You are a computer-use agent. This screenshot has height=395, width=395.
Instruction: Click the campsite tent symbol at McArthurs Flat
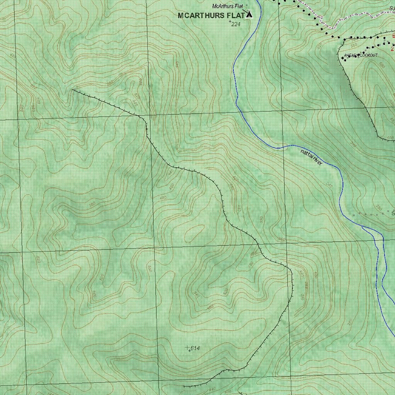[x=249, y=15]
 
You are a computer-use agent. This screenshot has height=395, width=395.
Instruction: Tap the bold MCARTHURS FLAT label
[x=211, y=16]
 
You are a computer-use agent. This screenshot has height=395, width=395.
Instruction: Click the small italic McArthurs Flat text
[x=227, y=6]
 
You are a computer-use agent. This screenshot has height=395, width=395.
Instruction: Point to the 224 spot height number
[x=236, y=24]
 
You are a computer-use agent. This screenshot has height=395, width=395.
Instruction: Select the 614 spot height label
[x=195, y=348]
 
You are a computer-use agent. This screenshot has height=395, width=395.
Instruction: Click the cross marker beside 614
[x=189, y=348]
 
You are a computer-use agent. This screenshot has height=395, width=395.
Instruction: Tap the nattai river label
[x=311, y=158]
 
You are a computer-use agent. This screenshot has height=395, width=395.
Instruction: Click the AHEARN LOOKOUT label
[x=361, y=56]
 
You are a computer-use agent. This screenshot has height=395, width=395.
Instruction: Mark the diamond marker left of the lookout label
[x=343, y=58]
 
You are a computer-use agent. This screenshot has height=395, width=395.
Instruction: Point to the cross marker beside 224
[x=230, y=22]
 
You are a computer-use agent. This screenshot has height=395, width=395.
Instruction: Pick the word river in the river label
[x=316, y=162]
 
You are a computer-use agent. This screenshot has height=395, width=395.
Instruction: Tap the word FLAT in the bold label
[x=235, y=16]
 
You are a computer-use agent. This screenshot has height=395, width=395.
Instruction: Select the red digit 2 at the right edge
[x=393, y=49]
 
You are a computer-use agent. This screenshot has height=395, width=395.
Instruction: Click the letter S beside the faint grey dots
[x=393, y=213]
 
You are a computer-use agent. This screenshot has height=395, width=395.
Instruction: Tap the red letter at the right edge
[x=393, y=36]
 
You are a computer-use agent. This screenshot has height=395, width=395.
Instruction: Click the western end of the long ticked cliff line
[x=73, y=90]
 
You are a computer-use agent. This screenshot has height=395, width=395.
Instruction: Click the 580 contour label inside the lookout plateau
[x=382, y=66]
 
